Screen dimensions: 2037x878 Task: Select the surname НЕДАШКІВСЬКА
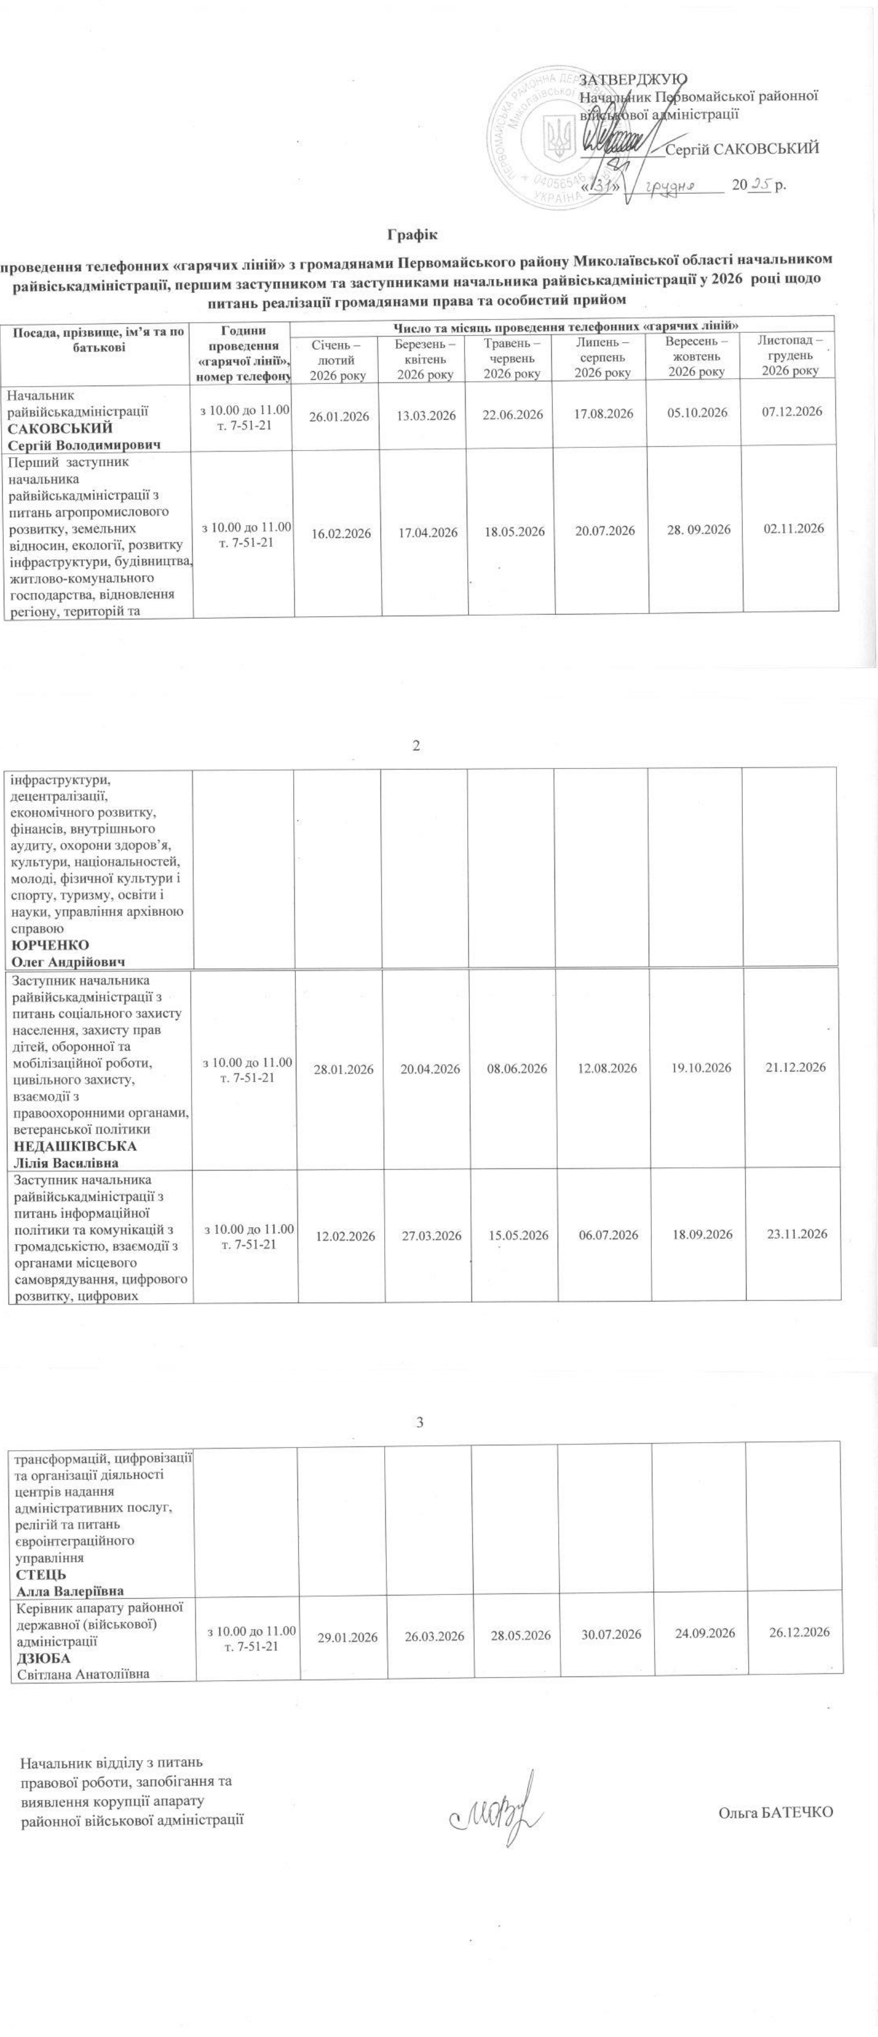pyautogui.click(x=74, y=1146)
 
